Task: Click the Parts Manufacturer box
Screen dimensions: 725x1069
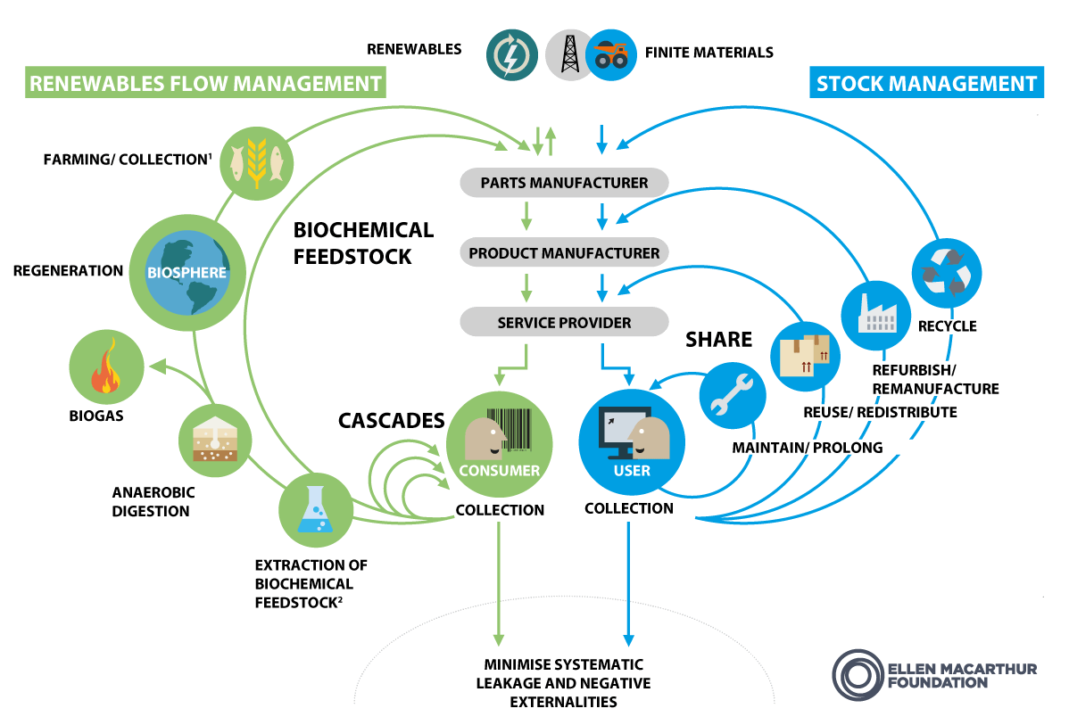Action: (x=564, y=183)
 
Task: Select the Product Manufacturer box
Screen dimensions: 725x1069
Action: (x=564, y=253)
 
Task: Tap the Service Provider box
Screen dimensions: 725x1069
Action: (x=564, y=322)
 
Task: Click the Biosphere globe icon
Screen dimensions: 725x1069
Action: (x=187, y=272)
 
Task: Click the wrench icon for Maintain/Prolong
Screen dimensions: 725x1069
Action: (x=733, y=397)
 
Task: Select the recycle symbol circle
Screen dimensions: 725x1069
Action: (x=946, y=270)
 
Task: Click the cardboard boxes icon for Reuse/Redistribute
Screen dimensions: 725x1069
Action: (x=804, y=355)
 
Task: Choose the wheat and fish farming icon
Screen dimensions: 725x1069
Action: (x=256, y=159)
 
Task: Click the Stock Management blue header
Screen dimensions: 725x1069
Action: (x=926, y=84)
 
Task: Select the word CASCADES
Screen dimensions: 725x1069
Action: (x=391, y=419)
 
